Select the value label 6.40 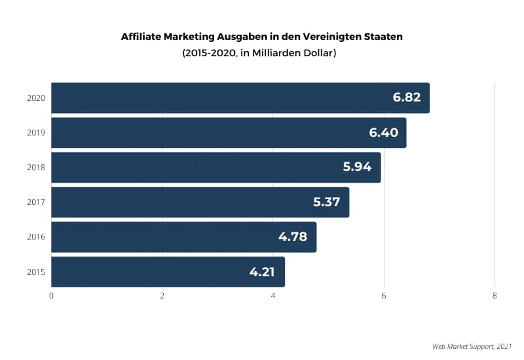pos(383,133)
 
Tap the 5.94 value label pos(357,168)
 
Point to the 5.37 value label pos(326,202)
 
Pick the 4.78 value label pos(293,237)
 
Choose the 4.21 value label pos(262,272)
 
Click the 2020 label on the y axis pos(35,98)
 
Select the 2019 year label pos(35,133)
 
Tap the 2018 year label pos(35,168)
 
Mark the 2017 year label pos(35,202)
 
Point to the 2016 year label pos(35,237)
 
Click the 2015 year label pos(35,272)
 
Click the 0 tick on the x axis pos(51,296)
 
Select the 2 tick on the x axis pos(162,296)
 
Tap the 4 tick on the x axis pos(273,296)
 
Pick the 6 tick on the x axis pos(384,296)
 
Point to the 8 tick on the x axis pos(495,296)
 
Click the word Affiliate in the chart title pos(141,37)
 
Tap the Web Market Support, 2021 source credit pos(472,346)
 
